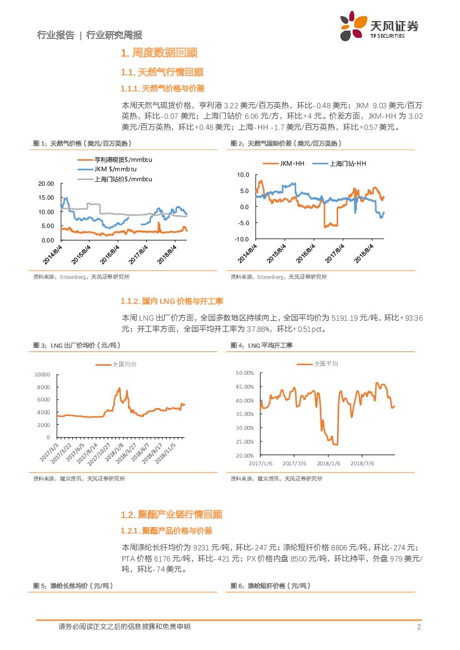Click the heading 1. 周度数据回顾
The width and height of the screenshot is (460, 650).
159,53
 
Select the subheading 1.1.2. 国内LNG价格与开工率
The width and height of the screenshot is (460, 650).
172,301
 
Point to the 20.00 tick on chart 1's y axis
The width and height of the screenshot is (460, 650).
46,183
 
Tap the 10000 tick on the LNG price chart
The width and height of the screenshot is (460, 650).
42,375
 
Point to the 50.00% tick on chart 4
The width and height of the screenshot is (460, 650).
245,373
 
